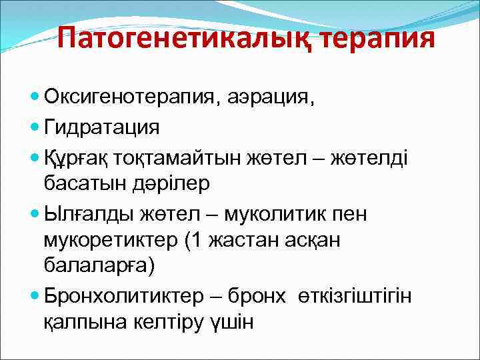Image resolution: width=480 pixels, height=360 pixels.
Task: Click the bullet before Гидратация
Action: tap(35, 126)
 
